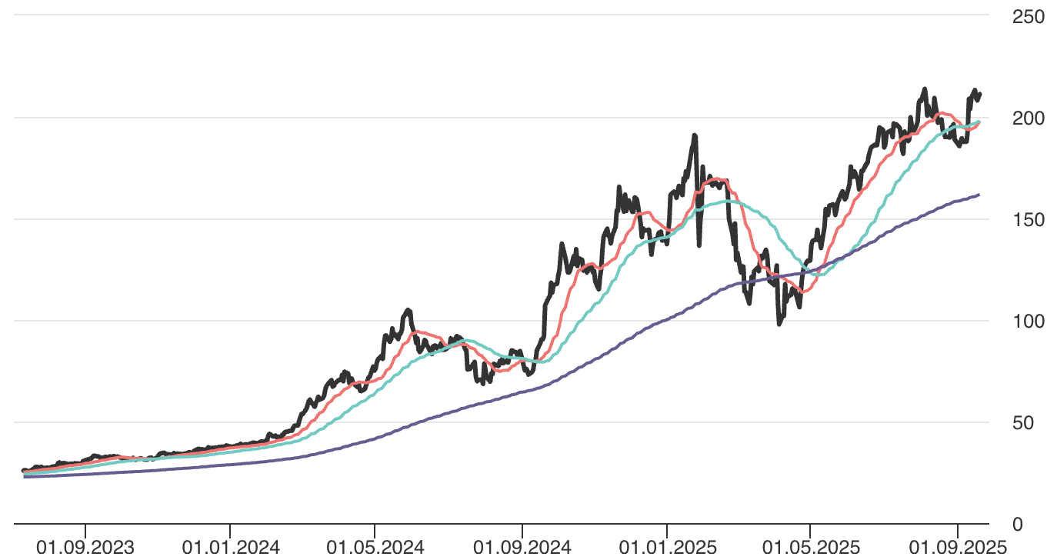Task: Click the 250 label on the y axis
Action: click(x=1028, y=17)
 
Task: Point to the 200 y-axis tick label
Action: click(x=1028, y=118)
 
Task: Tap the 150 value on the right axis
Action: click(x=1028, y=220)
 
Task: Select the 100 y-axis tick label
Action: click(x=1028, y=322)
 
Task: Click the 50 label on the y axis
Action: click(x=1033, y=423)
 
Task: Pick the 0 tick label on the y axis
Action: click(x=1038, y=525)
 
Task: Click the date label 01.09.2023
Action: click(x=85, y=548)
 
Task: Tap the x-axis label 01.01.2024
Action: click(x=230, y=548)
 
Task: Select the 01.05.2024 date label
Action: click(x=375, y=548)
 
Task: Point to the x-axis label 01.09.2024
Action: click(x=522, y=548)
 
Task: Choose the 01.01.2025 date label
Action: click(x=667, y=548)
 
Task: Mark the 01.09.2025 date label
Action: click(x=958, y=548)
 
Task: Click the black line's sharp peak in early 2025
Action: click(x=695, y=135)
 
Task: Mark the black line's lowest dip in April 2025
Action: click(x=779, y=324)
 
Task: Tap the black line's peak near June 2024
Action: click(x=408, y=310)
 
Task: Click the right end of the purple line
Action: click(x=979, y=195)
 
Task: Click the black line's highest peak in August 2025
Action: click(x=924, y=89)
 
